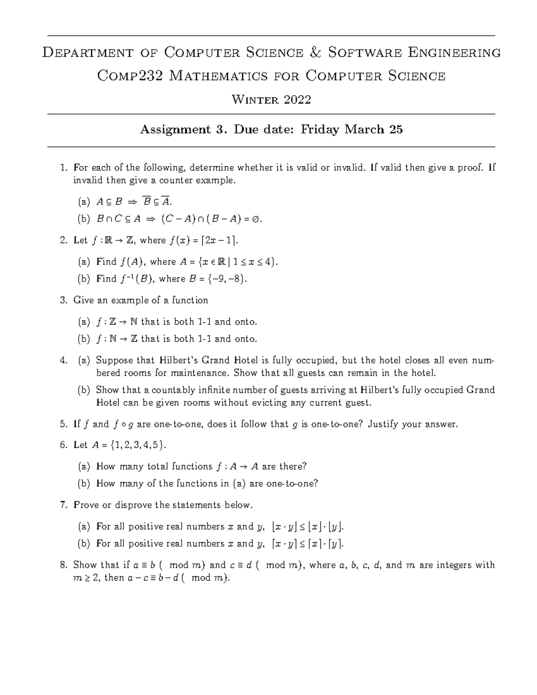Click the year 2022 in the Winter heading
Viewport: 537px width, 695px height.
coord(297,99)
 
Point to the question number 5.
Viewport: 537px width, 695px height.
coord(63,424)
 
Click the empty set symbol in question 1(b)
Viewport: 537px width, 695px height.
coord(254,219)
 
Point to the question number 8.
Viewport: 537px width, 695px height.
coord(63,565)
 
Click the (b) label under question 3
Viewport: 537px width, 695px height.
coord(84,339)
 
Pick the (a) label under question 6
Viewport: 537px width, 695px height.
coord(84,466)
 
